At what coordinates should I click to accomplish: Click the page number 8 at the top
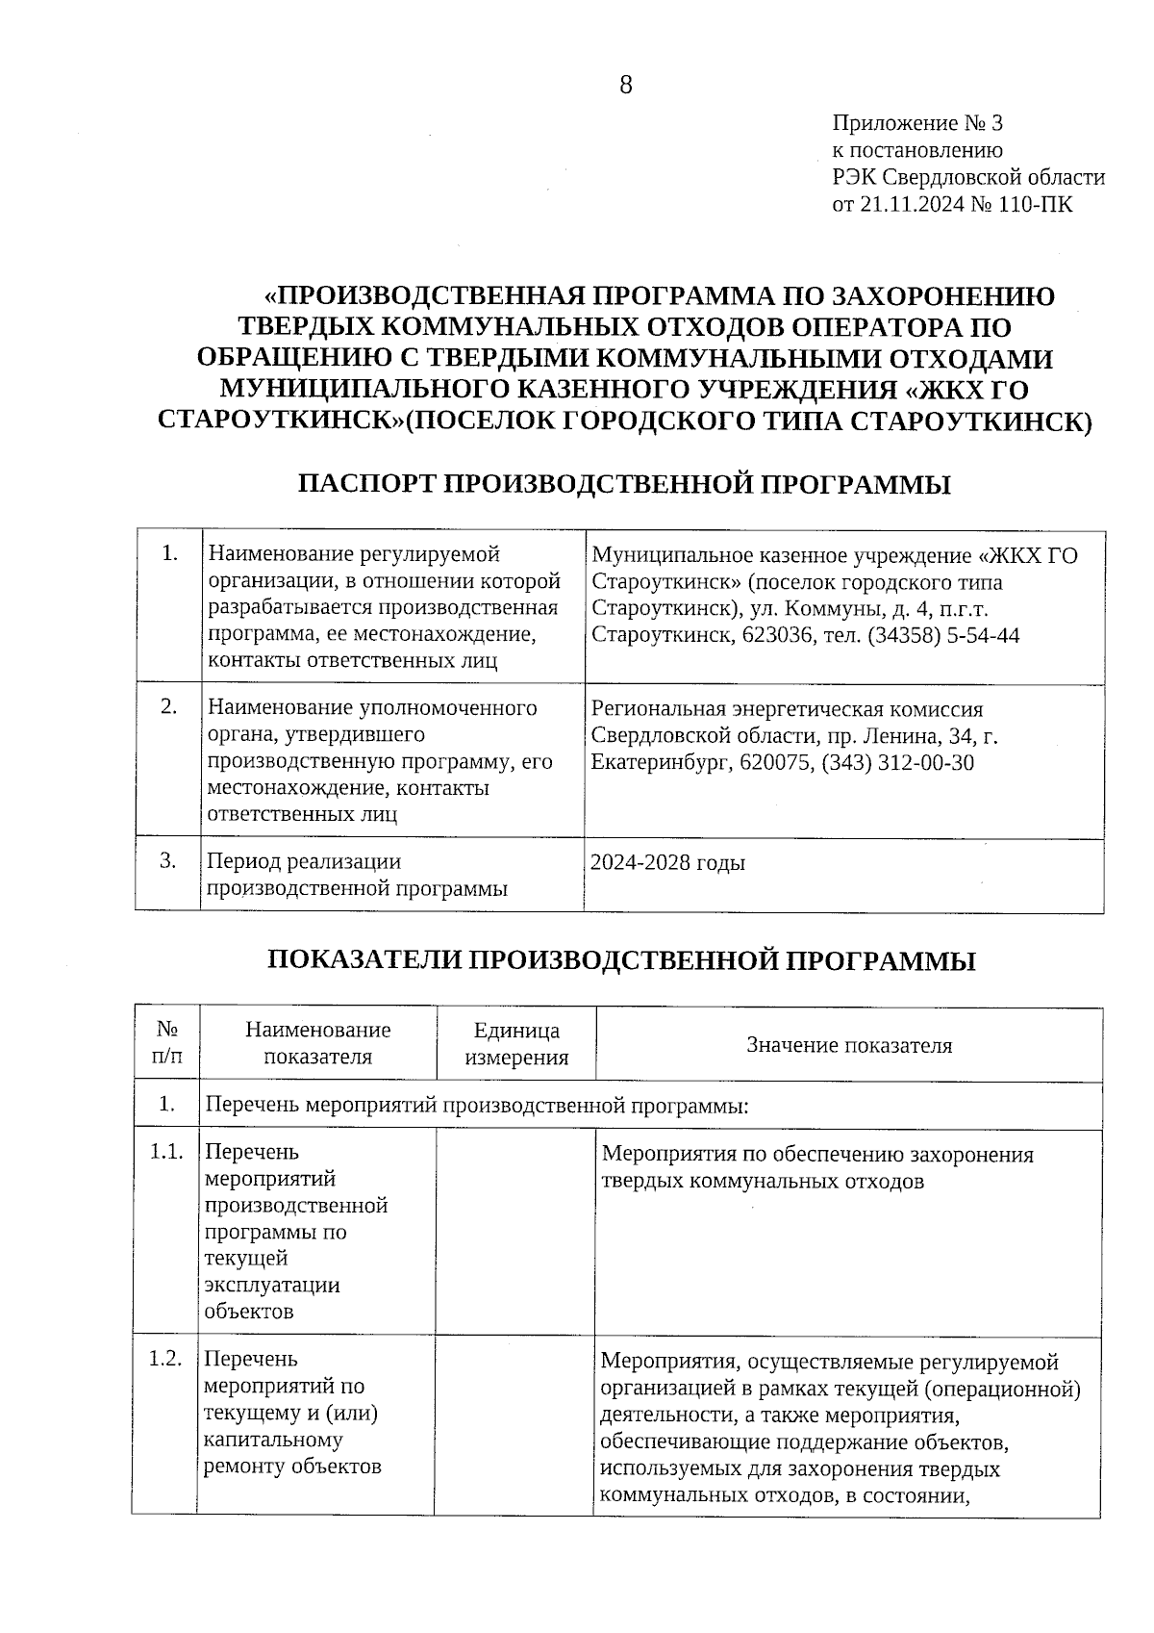(626, 86)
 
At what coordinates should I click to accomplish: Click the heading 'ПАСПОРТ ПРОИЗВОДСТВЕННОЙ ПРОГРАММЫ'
(625, 484)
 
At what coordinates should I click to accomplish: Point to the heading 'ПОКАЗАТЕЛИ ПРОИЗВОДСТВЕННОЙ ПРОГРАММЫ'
(620, 960)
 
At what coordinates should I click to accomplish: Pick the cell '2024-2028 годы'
(668, 862)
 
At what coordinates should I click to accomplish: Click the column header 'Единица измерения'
(516, 1044)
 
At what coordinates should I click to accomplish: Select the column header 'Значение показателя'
(849, 1045)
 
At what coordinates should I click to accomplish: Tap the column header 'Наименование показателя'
(318, 1044)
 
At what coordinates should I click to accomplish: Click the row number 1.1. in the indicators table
(166, 1152)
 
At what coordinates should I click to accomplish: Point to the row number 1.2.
(166, 1359)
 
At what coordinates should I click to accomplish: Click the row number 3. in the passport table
(168, 860)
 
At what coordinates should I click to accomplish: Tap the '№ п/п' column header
(166, 1044)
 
